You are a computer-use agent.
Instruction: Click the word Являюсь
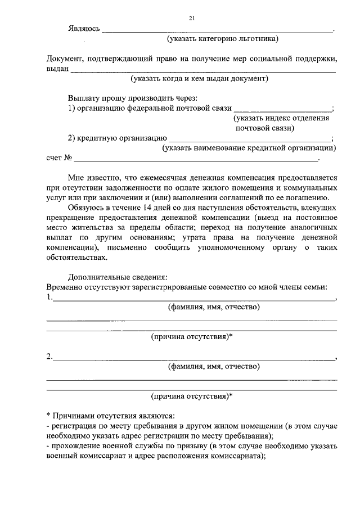(84, 29)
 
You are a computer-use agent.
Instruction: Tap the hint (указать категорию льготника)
(222, 39)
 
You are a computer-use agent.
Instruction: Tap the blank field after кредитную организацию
(250, 139)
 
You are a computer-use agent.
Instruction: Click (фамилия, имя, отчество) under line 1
(214, 308)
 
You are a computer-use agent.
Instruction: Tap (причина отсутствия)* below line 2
(192, 395)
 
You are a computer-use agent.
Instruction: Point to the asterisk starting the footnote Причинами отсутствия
(48, 415)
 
